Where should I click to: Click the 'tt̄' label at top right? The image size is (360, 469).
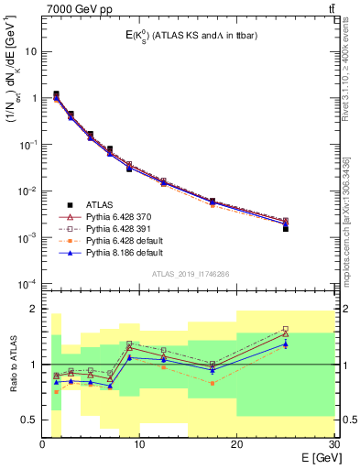point(330,10)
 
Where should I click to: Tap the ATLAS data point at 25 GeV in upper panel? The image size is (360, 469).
point(285,228)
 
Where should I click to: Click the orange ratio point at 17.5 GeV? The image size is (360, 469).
point(213,383)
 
